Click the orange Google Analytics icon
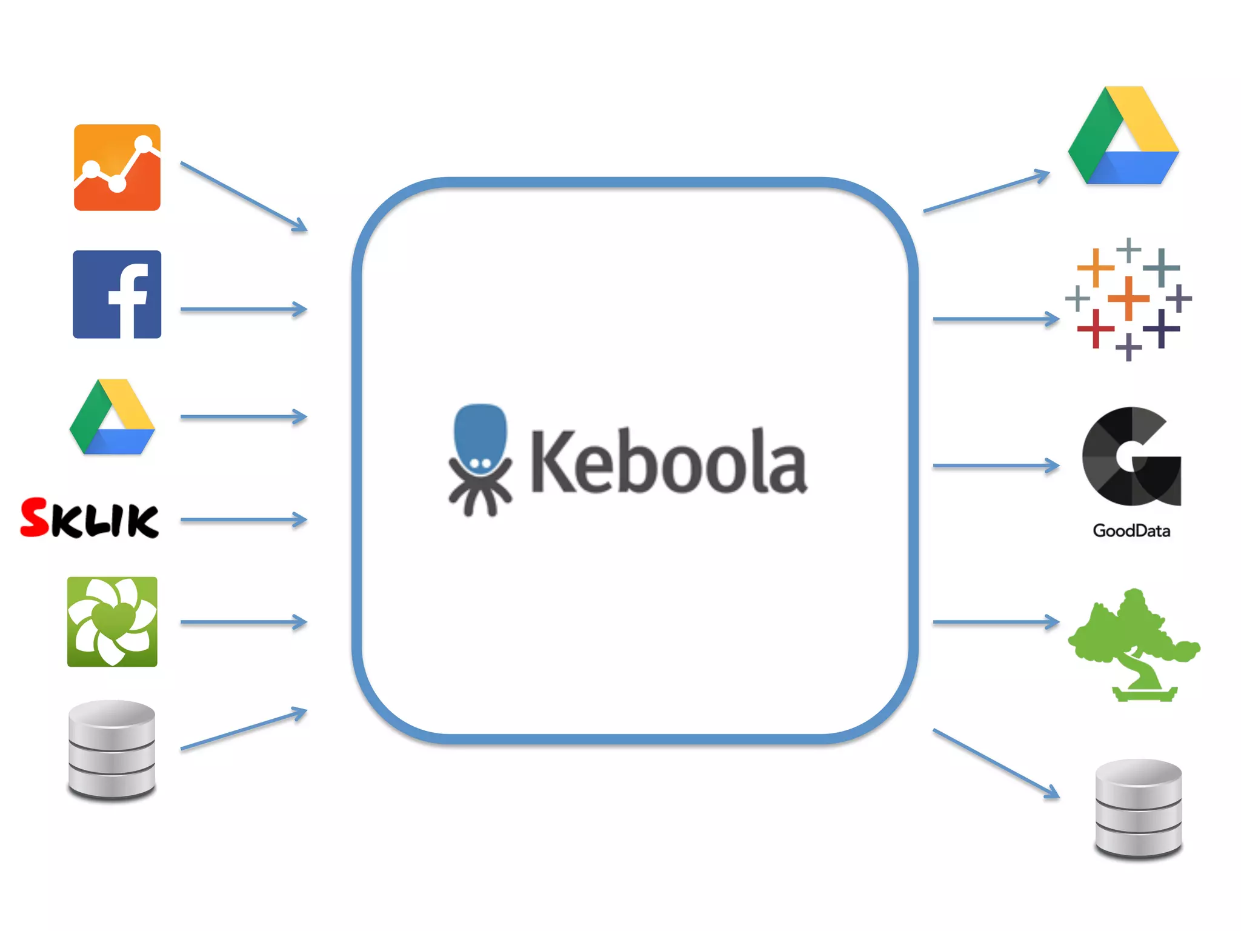point(117,168)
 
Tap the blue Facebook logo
point(117,295)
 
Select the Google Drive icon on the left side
point(113,418)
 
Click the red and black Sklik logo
point(90,519)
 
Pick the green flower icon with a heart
point(112,622)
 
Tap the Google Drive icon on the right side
point(1123,137)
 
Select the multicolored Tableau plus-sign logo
point(1128,299)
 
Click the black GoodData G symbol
point(1131,456)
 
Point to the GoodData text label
point(1131,531)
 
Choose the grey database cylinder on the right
point(1139,809)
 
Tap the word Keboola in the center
point(668,462)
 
